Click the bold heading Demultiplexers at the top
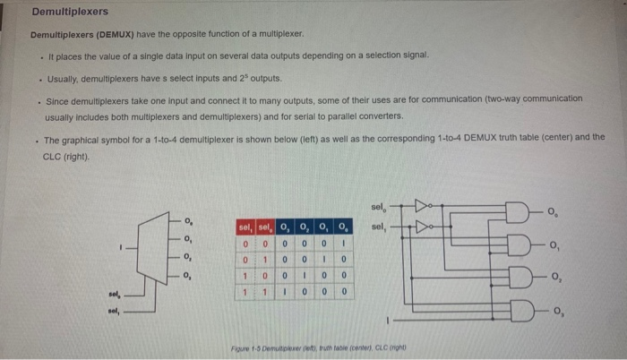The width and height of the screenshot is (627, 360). click(x=70, y=12)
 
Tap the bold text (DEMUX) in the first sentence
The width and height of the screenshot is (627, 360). click(x=114, y=34)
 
